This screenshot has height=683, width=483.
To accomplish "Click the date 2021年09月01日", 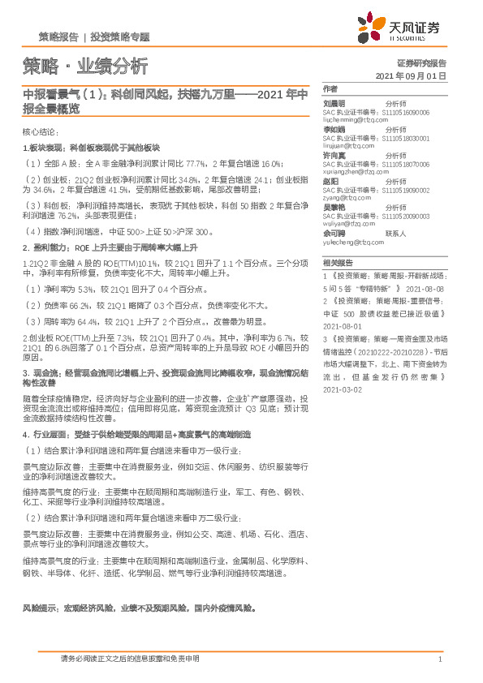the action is tap(412, 75).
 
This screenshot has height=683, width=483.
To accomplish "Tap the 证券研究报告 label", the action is tap(422, 62).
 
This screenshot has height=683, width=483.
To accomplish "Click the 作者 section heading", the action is tap(329, 88).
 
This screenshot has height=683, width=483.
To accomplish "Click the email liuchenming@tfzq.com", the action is tap(356, 120).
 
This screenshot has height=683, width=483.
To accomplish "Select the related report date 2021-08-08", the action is tap(425, 288).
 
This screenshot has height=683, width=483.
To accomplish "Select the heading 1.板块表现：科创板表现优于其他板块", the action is tap(92, 148).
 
